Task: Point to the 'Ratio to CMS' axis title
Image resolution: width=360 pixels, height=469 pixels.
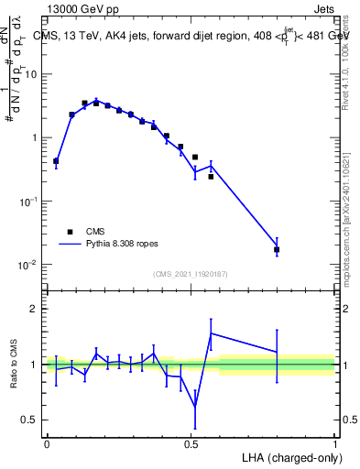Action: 13,365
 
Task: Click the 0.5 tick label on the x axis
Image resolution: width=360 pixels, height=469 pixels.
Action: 191,443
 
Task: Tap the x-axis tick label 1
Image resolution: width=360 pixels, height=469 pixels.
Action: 335,443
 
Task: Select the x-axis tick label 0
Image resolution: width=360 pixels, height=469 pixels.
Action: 47,443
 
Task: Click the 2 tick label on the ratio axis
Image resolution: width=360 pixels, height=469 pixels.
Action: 35,310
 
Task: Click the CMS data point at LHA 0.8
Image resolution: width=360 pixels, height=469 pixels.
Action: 277,249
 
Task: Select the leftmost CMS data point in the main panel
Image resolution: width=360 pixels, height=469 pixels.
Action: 56,161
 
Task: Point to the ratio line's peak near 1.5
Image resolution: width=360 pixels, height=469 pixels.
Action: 211,333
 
